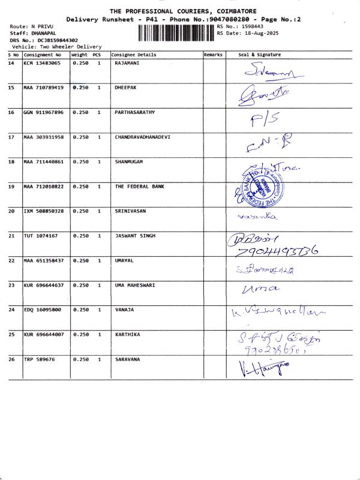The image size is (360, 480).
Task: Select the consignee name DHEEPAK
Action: click(125, 87)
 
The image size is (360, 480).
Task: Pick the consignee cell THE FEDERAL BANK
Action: click(139, 187)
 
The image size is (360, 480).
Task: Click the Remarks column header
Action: click(214, 55)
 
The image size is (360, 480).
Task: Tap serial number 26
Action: click(11, 359)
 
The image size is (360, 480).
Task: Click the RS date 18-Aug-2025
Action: click(252, 33)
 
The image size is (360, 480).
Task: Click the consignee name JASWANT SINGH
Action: click(135, 236)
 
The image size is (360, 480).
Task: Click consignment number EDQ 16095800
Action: click(42, 310)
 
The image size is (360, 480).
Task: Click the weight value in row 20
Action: click(80, 211)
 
